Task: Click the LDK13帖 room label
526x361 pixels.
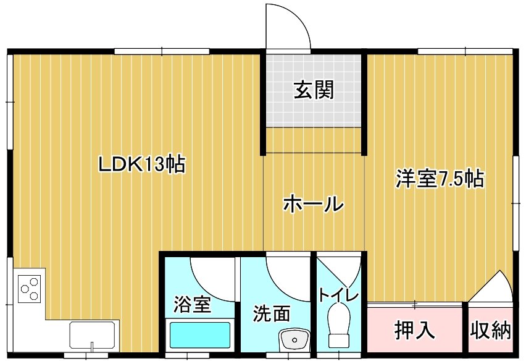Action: (x=141, y=164)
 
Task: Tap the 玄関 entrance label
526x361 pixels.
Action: (x=314, y=90)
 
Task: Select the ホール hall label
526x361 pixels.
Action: (x=314, y=203)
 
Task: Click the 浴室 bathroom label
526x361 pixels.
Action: (x=192, y=304)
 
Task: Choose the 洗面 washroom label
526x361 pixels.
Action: (x=271, y=313)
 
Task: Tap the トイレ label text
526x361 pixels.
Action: (x=338, y=294)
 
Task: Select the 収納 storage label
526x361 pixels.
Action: (x=490, y=331)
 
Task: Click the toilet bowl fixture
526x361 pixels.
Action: (x=340, y=325)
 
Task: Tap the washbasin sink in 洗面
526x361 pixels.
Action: (x=294, y=339)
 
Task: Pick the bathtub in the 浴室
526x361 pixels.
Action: (x=200, y=335)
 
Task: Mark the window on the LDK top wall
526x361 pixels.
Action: (x=162, y=51)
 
